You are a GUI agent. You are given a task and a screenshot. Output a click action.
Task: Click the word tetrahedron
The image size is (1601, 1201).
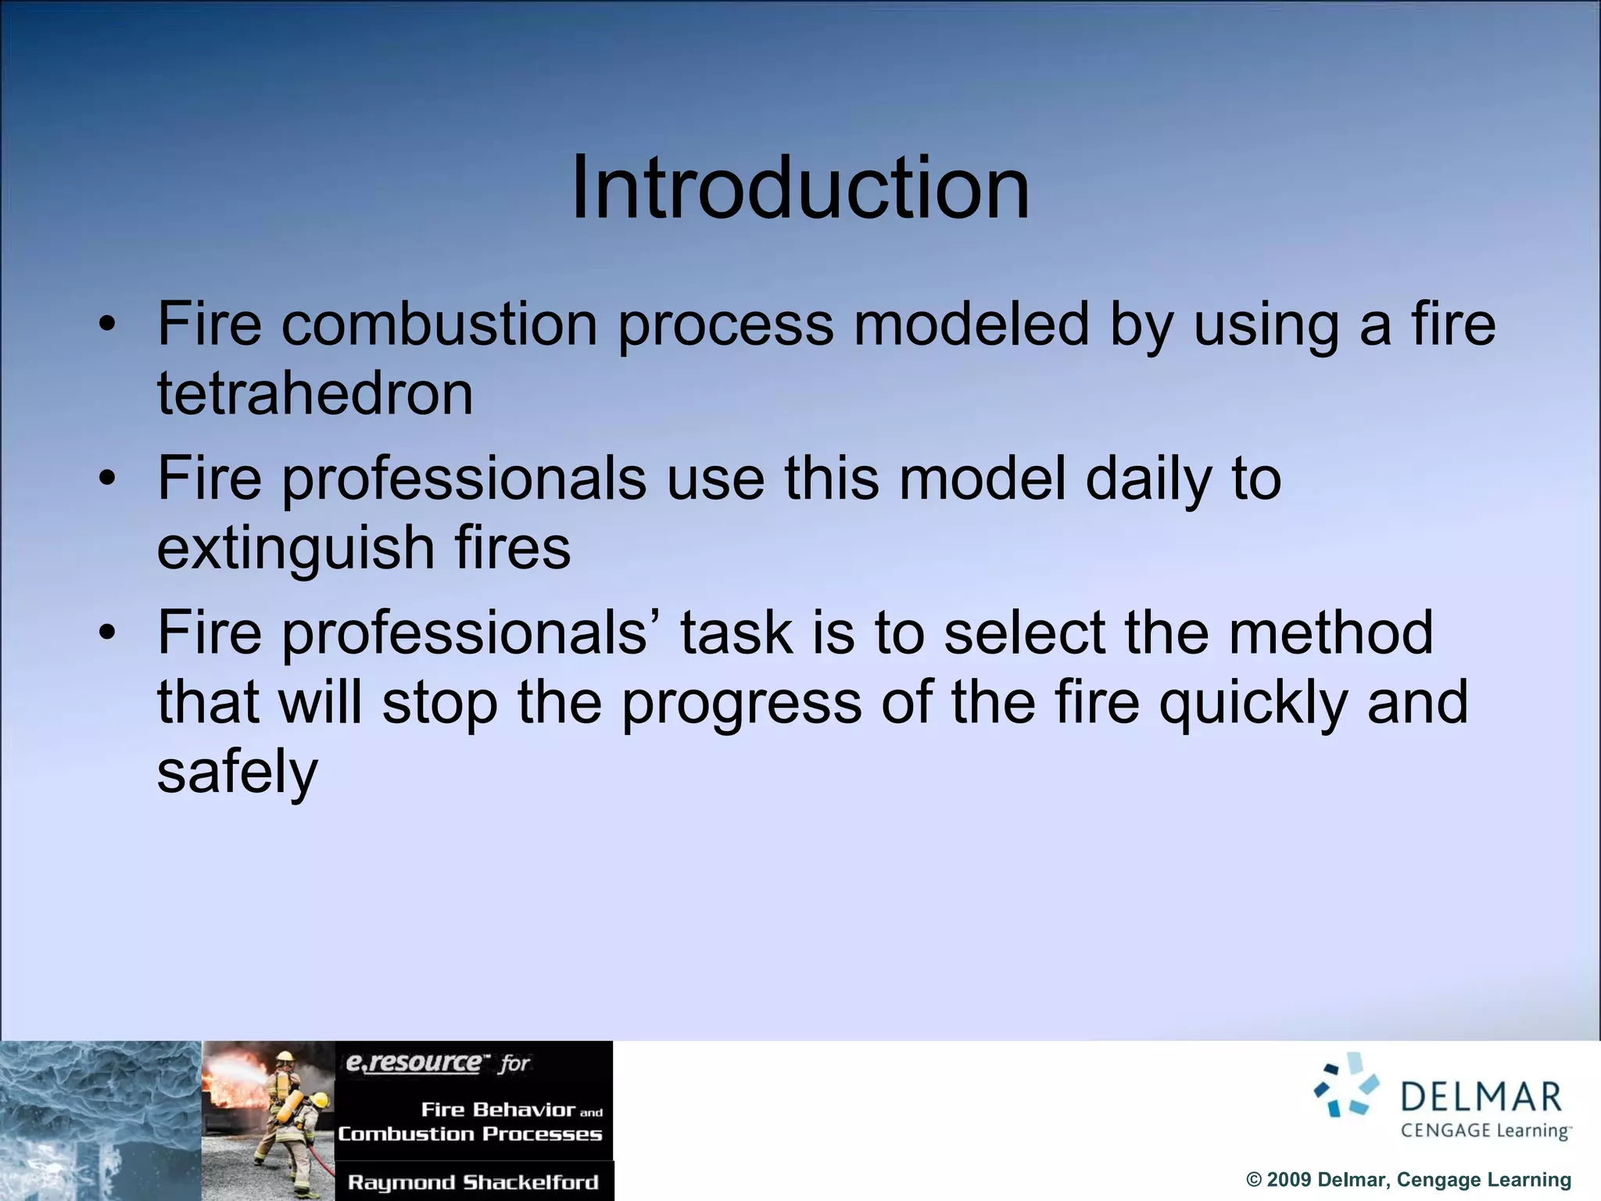[315, 393]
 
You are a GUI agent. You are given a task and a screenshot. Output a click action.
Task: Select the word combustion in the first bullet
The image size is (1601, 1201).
[439, 324]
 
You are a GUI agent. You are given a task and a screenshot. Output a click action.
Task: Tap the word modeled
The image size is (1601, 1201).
[970, 324]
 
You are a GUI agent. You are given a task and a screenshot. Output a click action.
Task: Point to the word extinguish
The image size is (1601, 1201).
[295, 547]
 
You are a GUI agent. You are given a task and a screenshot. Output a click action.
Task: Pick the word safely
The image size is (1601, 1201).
[238, 773]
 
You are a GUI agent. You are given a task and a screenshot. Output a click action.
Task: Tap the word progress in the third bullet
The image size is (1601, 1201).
[741, 702]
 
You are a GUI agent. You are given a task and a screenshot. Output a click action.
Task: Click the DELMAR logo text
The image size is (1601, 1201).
[1481, 1097]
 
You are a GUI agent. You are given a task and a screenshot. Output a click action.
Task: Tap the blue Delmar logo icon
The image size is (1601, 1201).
[1346, 1086]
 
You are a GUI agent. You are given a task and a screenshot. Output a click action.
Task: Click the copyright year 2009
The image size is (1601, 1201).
[1291, 1180]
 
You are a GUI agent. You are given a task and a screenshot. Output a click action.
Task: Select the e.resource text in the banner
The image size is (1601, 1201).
[414, 1063]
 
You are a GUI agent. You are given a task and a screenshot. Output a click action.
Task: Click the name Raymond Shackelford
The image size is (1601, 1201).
[473, 1182]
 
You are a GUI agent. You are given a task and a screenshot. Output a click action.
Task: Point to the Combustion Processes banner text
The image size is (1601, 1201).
[470, 1134]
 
